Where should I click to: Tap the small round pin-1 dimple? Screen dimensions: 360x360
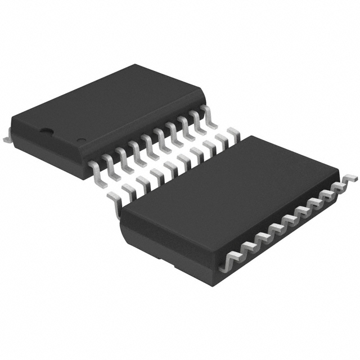pos(80,139)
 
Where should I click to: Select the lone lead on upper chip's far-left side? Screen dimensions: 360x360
pos(7,136)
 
